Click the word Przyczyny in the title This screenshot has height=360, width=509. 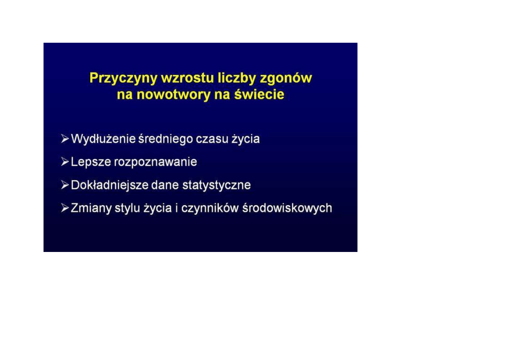point(123,78)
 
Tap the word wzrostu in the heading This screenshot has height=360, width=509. point(187,78)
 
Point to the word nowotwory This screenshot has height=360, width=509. point(173,95)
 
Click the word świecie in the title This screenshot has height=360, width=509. point(259,94)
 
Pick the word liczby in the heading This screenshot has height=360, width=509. point(237,78)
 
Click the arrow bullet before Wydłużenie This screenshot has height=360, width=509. point(65,139)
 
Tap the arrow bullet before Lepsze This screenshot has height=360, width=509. point(65,162)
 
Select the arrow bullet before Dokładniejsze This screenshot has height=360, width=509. point(65,185)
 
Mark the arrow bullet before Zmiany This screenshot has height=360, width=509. point(65,208)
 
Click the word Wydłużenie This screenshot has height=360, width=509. point(104,139)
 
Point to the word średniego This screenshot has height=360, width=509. point(166,139)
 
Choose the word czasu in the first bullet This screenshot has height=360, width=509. point(212,139)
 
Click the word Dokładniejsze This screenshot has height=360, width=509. point(110,185)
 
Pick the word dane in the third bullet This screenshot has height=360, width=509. point(165,185)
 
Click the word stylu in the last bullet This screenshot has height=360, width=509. point(127,208)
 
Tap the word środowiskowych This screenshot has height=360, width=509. point(287,208)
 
